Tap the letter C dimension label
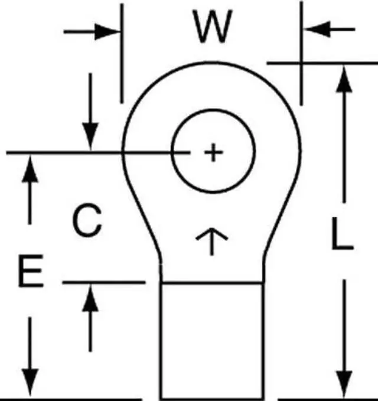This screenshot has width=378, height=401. click(87, 220)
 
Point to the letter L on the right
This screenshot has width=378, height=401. click(341, 236)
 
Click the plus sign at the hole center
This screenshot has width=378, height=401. click(213, 153)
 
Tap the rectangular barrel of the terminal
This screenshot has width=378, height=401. click(211, 340)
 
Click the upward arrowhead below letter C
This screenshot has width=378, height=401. click(90, 295)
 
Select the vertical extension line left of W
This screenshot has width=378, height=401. click(122, 53)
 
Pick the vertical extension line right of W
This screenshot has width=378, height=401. click(301, 53)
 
